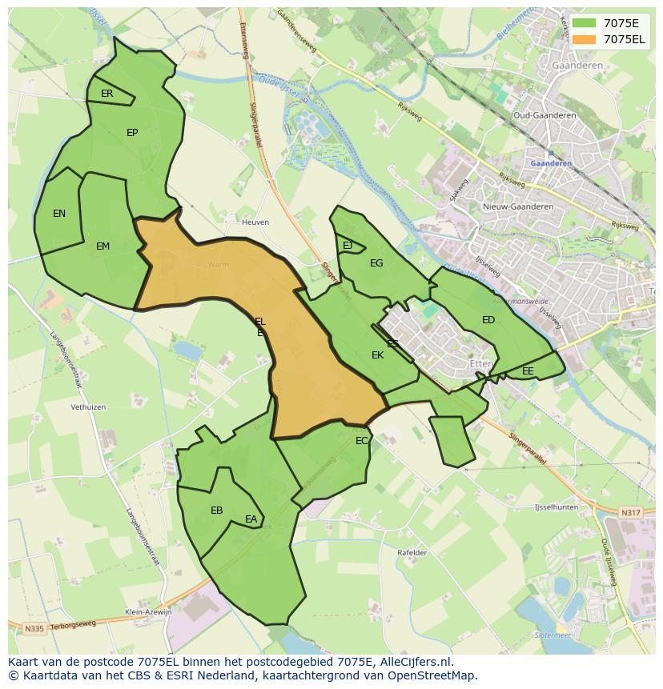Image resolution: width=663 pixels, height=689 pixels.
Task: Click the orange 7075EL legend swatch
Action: click(585, 39)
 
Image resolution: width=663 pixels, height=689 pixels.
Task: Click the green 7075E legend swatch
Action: click(585, 23)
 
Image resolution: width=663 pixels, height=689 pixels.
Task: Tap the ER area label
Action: click(107, 94)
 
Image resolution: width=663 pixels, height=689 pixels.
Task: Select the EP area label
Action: click(132, 133)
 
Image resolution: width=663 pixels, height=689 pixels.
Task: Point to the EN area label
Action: click(59, 214)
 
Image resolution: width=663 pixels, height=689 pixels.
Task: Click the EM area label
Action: click(102, 246)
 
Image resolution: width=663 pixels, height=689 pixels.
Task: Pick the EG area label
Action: click(376, 263)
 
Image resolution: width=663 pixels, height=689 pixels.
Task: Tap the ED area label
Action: click(488, 320)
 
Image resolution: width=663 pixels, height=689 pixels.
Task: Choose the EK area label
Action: click(377, 355)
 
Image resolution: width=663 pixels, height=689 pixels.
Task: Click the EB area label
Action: click(216, 511)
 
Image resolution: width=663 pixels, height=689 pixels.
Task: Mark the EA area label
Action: click(251, 520)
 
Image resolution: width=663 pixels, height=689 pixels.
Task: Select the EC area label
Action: click(362, 441)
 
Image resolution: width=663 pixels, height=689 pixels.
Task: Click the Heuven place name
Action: click(255, 222)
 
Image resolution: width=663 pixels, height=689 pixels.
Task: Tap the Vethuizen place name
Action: click(88, 407)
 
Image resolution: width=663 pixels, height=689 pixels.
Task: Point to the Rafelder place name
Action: click(412, 553)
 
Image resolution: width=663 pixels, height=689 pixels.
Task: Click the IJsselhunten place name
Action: click(556, 507)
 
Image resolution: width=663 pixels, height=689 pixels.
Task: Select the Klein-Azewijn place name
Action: click(148, 612)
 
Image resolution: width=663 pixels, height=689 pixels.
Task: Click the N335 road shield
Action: click(34, 629)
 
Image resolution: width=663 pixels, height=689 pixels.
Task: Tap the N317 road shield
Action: click(631, 513)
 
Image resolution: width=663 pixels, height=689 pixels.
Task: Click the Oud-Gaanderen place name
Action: click(544, 115)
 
